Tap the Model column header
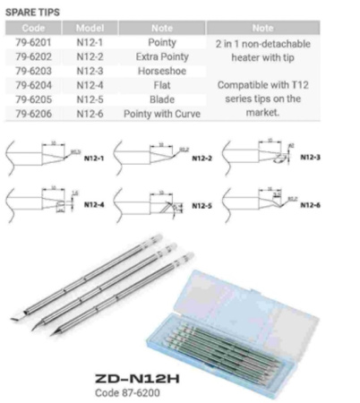tap(90, 28)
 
